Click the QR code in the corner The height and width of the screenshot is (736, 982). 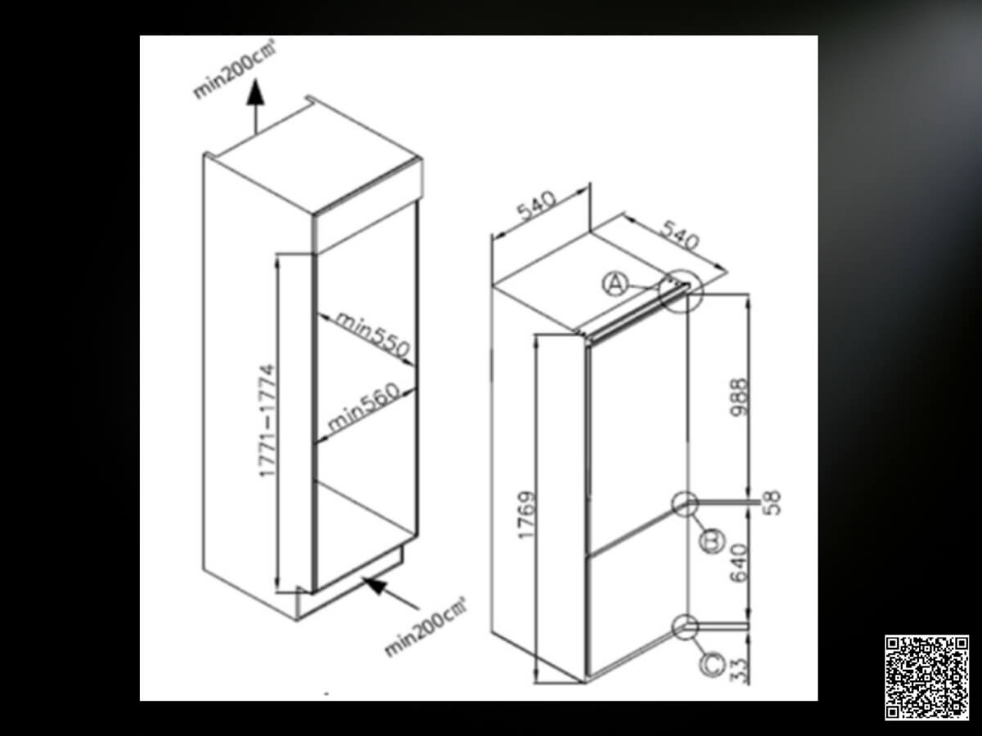click(x=926, y=677)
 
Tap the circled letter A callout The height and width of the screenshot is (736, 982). click(x=615, y=285)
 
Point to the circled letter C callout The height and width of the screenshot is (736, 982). click(x=712, y=665)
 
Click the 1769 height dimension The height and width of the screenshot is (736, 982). click(x=525, y=515)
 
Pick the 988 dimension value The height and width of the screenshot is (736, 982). click(x=739, y=397)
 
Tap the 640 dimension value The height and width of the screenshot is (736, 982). click(x=739, y=563)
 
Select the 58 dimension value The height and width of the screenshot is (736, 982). click(x=773, y=503)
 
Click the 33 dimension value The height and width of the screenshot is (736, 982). click(x=739, y=671)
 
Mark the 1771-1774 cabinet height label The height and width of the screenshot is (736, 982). click(x=267, y=421)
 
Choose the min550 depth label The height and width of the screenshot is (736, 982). click(x=372, y=334)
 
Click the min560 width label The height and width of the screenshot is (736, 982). click(x=363, y=406)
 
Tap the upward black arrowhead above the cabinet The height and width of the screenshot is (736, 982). click(x=256, y=93)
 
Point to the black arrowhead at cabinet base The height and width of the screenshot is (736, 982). click(x=375, y=585)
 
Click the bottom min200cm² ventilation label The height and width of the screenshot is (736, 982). click(x=426, y=628)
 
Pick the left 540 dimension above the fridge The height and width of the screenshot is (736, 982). click(x=536, y=206)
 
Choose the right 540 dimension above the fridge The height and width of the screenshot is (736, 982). click(x=679, y=235)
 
